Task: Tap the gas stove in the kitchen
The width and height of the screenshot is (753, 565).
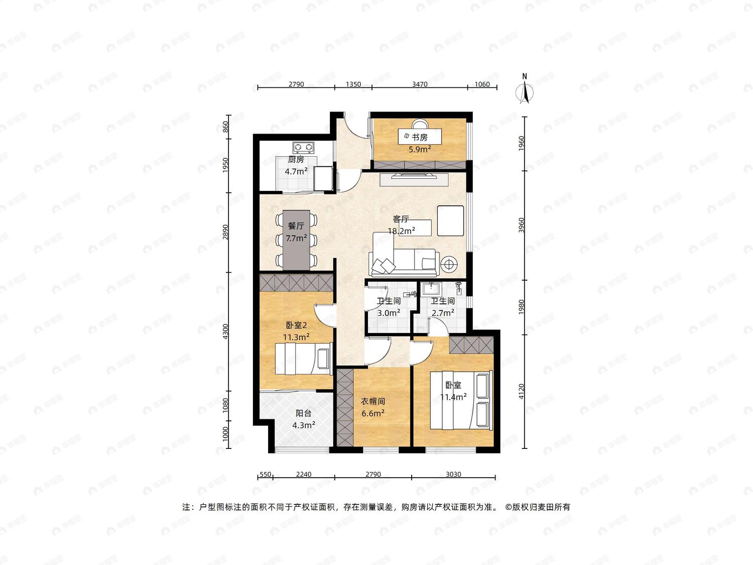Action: (x=303, y=147)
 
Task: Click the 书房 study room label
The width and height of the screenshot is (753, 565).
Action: (x=420, y=138)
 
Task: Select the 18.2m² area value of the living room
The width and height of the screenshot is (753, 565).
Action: (x=402, y=231)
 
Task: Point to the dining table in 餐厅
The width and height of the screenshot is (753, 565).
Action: (x=296, y=240)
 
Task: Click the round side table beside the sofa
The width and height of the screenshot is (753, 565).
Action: (x=449, y=264)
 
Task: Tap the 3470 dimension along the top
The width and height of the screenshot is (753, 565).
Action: (x=420, y=84)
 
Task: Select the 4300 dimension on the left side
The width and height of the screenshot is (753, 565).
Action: (x=225, y=331)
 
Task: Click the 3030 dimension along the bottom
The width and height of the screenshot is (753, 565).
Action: (x=453, y=475)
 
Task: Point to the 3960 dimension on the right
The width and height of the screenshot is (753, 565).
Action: (x=522, y=225)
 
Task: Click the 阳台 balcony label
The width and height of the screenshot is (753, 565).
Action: (x=304, y=413)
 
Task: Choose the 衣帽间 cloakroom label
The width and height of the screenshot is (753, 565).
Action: (x=372, y=401)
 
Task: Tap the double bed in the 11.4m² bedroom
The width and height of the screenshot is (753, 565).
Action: (x=461, y=400)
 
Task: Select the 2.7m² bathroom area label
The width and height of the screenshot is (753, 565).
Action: (x=443, y=313)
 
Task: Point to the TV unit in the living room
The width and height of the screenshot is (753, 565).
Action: (x=414, y=179)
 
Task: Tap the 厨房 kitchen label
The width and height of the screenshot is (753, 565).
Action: (x=296, y=160)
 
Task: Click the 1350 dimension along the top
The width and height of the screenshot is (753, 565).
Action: (x=353, y=84)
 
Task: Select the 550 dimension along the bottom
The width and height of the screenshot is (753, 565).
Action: (x=265, y=475)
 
